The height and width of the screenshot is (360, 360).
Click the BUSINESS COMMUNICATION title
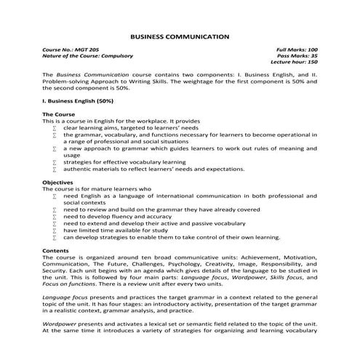[180, 36]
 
